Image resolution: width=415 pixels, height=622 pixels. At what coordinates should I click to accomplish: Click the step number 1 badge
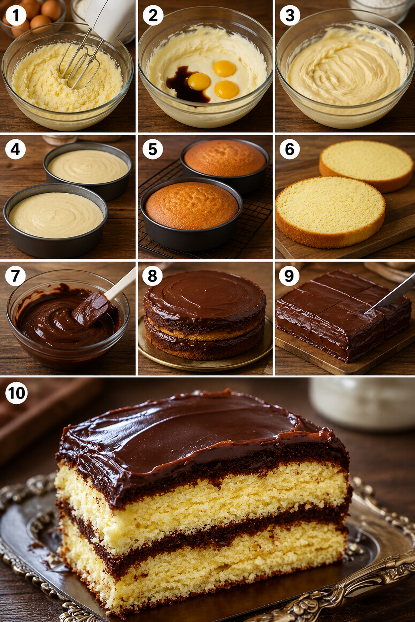pos(16,15)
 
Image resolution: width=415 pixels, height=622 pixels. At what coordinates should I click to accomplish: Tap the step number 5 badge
pos(153,149)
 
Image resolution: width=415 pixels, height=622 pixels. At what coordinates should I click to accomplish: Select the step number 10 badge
pos(16,393)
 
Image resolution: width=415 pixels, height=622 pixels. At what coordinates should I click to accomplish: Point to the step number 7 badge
pos(15,275)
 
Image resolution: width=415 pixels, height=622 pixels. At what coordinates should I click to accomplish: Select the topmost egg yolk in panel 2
pos(225,68)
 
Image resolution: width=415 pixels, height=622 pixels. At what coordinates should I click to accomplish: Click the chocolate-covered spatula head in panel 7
pos(91,308)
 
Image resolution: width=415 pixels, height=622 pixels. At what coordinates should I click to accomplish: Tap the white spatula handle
pos(121,283)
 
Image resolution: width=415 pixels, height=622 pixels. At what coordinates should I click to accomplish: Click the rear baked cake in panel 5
pos(225,158)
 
